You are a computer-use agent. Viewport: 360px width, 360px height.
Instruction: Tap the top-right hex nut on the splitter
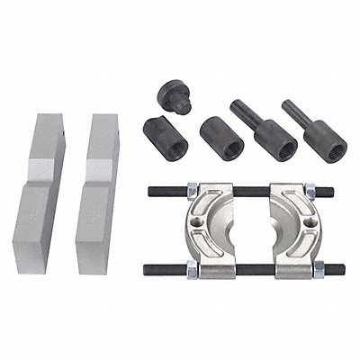pyautogui.click(x=307, y=191)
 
